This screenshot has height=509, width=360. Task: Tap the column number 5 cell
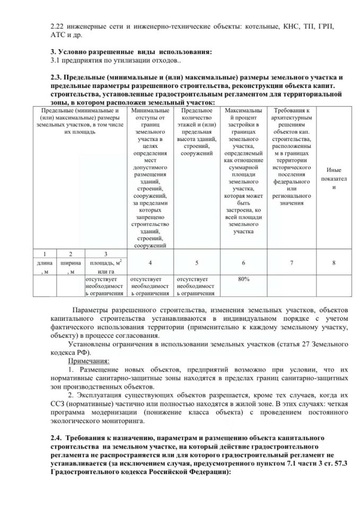[197, 262]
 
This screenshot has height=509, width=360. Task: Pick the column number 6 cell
[243, 262]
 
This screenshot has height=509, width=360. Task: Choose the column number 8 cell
[333, 262]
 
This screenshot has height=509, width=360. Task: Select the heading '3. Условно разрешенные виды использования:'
[130, 51]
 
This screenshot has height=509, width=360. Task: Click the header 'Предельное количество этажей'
[197, 130]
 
